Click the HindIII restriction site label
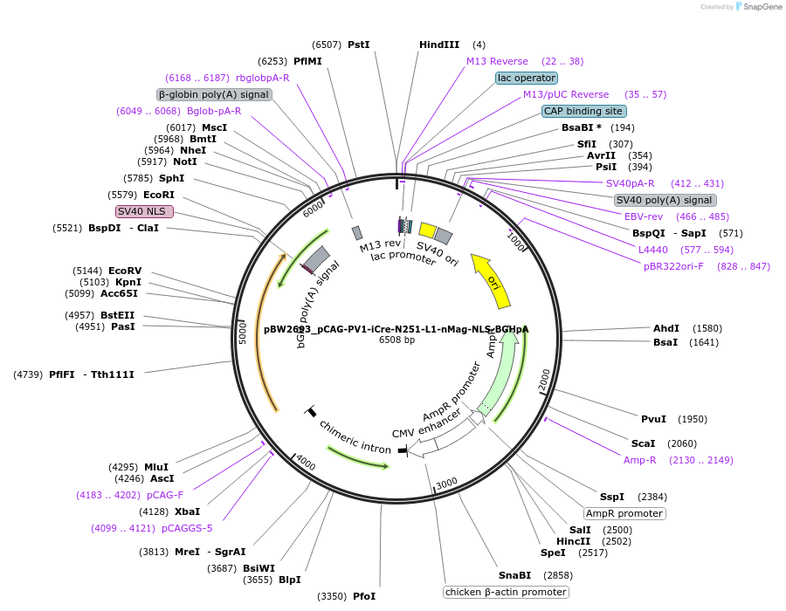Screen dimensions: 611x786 point(438,45)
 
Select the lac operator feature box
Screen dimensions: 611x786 point(527,78)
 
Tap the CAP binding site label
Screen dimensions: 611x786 point(583,111)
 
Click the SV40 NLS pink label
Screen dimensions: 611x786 point(145,211)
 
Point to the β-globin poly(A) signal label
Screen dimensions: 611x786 point(214,94)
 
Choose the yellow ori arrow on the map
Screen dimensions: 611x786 point(492,280)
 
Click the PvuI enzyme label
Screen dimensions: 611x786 point(653,419)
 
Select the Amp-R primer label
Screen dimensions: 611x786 point(639,460)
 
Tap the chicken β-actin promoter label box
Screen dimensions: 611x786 point(506,592)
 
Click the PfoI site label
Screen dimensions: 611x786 point(364,596)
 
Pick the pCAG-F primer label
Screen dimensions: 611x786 point(165,495)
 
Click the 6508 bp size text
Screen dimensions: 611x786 point(396,340)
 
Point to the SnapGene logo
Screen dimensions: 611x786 point(756,7)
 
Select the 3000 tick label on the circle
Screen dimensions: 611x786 point(446,483)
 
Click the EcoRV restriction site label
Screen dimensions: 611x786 point(125,271)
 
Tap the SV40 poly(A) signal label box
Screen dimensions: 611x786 point(664,200)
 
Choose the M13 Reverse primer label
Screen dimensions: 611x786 point(497,61)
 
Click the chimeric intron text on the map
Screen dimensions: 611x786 point(355,437)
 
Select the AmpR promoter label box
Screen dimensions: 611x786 point(624,513)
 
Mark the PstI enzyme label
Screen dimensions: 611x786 point(359,45)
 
